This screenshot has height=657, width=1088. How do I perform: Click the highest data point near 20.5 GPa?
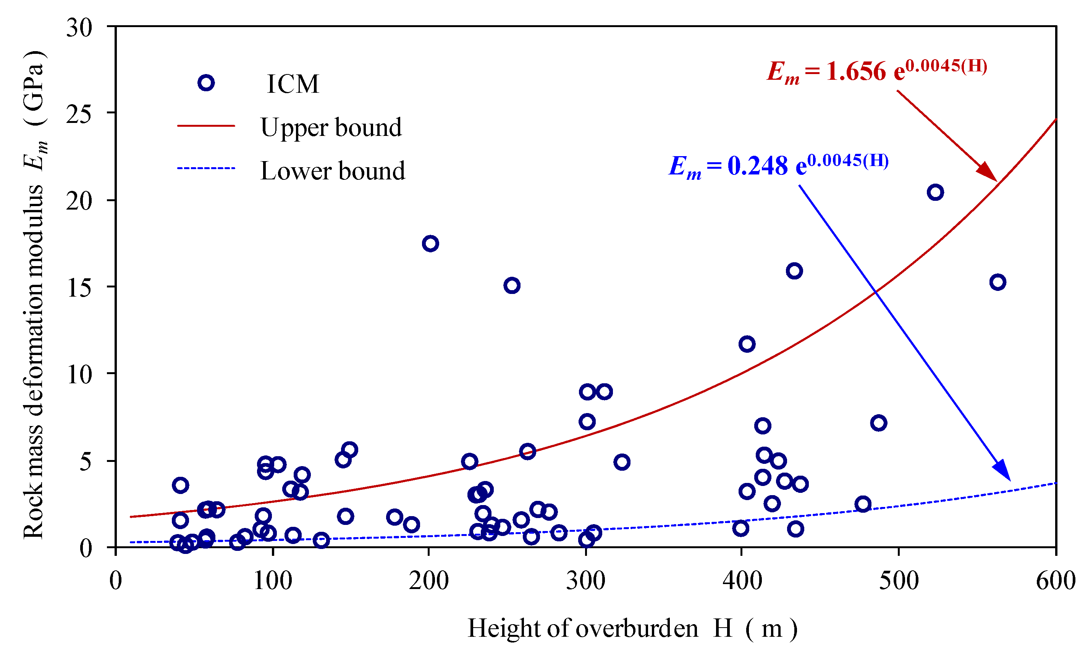[x=935, y=192]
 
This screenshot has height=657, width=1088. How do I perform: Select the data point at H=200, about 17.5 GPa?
[x=430, y=243]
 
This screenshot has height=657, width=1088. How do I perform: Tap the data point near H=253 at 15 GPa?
[x=511, y=285]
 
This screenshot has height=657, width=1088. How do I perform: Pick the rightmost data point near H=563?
[x=997, y=282]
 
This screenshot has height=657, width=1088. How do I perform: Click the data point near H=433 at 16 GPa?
[x=794, y=271]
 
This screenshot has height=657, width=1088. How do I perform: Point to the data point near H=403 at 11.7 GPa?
[x=747, y=344]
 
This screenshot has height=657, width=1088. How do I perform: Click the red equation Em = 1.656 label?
[x=876, y=71]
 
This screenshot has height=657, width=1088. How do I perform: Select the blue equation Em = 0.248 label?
[x=778, y=165]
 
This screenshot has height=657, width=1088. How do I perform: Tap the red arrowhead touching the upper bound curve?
[x=988, y=173]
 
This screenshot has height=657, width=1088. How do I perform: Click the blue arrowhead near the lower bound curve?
[x=1002, y=471]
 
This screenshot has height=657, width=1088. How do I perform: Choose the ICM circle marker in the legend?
[x=206, y=82]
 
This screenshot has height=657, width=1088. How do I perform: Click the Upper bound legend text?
[x=331, y=127]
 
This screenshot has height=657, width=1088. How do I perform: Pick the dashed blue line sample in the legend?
[x=206, y=168]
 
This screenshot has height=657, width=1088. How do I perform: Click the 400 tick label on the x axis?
[x=742, y=581]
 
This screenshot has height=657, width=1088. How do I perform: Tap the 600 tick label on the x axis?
[x=1055, y=581]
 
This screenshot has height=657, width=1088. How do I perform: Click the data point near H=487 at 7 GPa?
[x=878, y=423]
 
